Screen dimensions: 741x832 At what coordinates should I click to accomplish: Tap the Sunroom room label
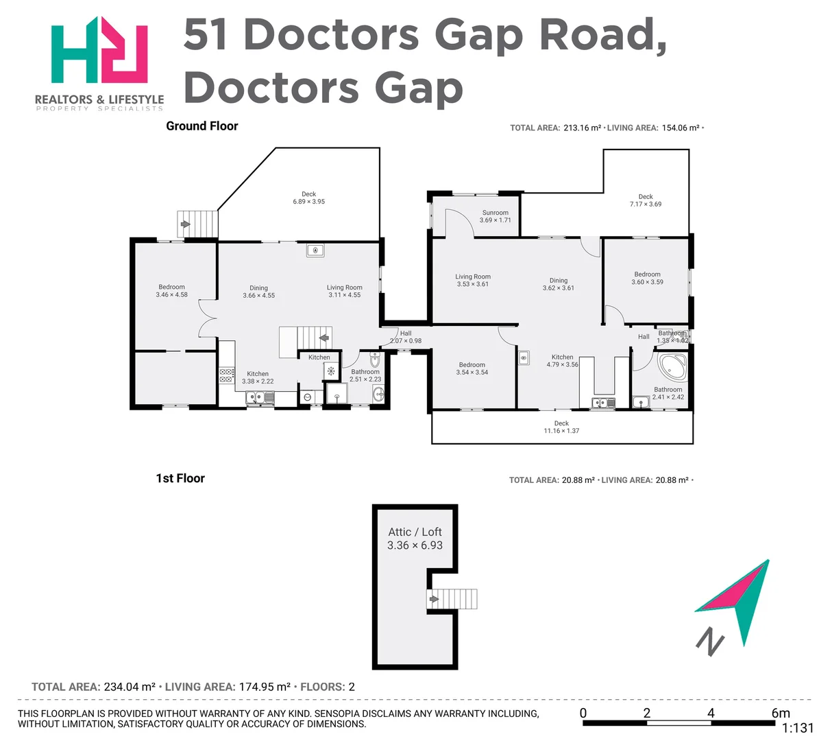[x=495, y=216]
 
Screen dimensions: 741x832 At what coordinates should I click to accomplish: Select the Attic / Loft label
[x=415, y=539]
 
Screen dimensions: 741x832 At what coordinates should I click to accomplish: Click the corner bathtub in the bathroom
[x=672, y=366]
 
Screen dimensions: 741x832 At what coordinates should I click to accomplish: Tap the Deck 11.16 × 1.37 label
[x=561, y=427]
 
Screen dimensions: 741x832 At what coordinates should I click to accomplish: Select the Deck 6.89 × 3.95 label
[x=308, y=198]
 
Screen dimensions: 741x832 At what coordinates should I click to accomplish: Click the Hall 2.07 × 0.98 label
[x=406, y=337]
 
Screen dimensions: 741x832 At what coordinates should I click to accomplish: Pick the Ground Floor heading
[x=202, y=126]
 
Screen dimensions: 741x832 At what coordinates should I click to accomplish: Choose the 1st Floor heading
[x=180, y=478]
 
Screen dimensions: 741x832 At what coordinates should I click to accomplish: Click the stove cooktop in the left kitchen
[x=227, y=375]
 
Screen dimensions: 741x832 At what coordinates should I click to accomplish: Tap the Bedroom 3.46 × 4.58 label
[x=171, y=291]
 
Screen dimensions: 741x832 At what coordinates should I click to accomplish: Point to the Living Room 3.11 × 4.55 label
[x=344, y=292]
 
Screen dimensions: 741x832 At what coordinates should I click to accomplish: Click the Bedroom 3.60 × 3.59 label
[x=647, y=278]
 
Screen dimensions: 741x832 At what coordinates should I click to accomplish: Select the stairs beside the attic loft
[x=452, y=599]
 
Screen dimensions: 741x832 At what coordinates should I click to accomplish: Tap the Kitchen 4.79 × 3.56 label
[x=562, y=361]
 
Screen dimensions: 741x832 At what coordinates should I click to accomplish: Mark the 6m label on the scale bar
[x=780, y=713]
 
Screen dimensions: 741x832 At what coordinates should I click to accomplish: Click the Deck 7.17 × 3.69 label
[x=646, y=200]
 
